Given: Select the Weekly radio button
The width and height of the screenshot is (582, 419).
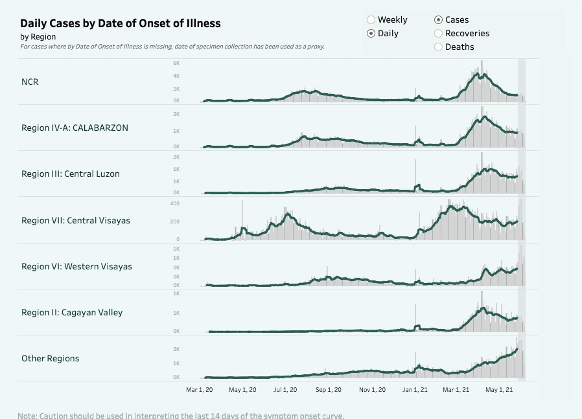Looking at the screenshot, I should pyautogui.click(x=371, y=20).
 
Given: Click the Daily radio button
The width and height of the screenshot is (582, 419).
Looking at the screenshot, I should pyautogui.click(x=371, y=34).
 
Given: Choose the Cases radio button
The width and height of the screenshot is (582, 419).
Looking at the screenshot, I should pyautogui.click(x=439, y=20).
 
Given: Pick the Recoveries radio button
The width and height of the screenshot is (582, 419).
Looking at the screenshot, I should pyautogui.click(x=439, y=34).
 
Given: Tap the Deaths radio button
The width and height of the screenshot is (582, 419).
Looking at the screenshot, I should pyautogui.click(x=439, y=47).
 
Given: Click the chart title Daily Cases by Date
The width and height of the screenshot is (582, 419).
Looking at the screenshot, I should pyautogui.click(x=121, y=23).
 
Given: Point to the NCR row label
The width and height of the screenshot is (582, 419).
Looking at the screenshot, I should pyautogui.click(x=30, y=82).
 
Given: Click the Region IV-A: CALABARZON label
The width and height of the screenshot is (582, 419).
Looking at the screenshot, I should pyautogui.click(x=75, y=128).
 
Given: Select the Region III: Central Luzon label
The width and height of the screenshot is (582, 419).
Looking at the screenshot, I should pyautogui.click(x=70, y=174).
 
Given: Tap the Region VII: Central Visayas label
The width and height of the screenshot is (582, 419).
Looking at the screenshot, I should pyautogui.click(x=75, y=221).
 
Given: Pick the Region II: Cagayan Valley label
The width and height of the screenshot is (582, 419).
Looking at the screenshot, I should pyautogui.click(x=71, y=313).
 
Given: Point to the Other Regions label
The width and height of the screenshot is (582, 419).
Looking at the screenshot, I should pyautogui.click(x=50, y=359).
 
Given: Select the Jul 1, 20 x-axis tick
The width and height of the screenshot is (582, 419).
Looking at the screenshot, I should pyautogui.click(x=285, y=390).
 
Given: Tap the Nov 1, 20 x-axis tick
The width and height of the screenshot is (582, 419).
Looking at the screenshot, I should pyautogui.click(x=372, y=390).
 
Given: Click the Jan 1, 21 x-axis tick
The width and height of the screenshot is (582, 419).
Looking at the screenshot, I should pyautogui.click(x=415, y=390).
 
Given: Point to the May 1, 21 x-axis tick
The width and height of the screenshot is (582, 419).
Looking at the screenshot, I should pyautogui.click(x=499, y=390).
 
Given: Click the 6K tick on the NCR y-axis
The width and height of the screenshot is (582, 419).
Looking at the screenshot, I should pyautogui.click(x=176, y=63).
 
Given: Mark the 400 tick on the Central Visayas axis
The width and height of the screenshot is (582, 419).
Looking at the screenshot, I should pyautogui.click(x=174, y=203).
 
